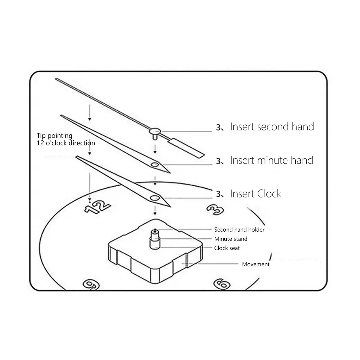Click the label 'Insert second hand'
272,127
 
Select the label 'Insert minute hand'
271,160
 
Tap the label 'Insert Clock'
256,194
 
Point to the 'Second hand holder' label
239,230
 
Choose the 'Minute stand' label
231,239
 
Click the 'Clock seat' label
227,248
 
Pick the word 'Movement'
256,264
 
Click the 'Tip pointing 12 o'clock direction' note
66,139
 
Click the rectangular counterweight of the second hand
187,147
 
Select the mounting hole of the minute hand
154,165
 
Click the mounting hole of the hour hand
154,198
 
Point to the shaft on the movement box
155,238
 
